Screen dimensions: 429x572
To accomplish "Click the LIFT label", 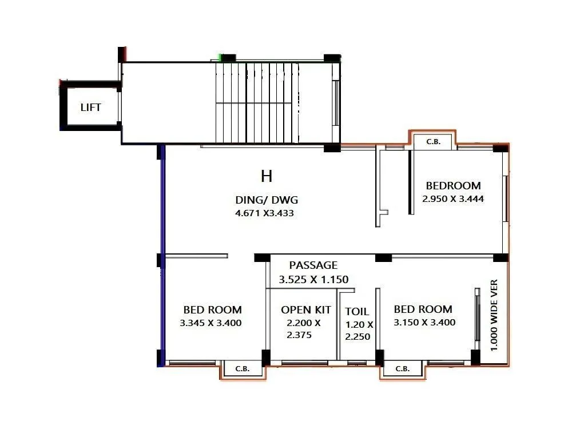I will click(x=90, y=107).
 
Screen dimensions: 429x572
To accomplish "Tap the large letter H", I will click(x=267, y=176).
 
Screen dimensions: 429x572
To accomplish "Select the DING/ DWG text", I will click(x=267, y=200).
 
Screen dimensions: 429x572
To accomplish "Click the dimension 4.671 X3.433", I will click(x=266, y=213).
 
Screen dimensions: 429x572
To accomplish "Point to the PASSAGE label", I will click(x=313, y=265).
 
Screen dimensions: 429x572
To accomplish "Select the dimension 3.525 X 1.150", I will click(x=313, y=280).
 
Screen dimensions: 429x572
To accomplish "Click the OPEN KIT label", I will click(x=305, y=310).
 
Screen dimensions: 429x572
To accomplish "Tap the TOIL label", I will click(x=357, y=312).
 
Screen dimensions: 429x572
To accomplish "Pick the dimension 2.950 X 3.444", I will click(x=453, y=199).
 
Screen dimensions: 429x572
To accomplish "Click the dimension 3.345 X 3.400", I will click(x=210, y=323).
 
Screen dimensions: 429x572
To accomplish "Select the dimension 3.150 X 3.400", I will click(x=424, y=323).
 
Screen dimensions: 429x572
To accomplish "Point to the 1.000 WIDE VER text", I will click(x=495, y=315).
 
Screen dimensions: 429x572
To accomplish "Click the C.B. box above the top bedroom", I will click(x=434, y=142).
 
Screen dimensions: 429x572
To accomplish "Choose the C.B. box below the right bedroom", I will click(x=403, y=369).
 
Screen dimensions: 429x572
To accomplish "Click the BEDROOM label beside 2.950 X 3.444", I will click(x=453, y=186).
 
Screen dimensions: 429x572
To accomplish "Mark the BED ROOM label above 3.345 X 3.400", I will click(x=212, y=310).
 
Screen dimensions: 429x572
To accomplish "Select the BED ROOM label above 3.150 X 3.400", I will click(x=423, y=309).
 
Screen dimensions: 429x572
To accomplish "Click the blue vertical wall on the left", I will click(x=162, y=255).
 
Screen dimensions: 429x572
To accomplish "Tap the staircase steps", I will click(x=257, y=103).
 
